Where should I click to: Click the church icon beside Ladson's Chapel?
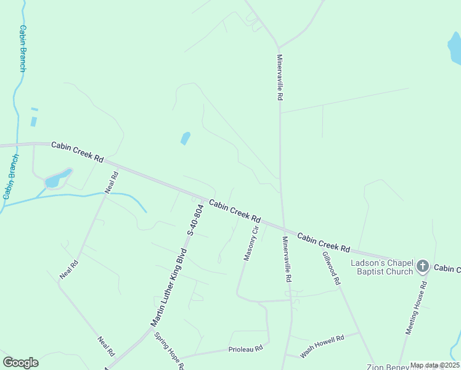[x=422, y=266]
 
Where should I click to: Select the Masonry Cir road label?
[x=250, y=244]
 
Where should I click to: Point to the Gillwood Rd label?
[x=331, y=268]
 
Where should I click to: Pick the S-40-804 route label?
[x=195, y=220]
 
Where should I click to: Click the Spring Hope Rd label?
[x=169, y=351]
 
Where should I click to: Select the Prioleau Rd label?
[x=246, y=348]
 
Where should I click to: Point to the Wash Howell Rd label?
[x=322, y=347]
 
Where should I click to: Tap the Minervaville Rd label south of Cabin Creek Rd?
[x=286, y=259]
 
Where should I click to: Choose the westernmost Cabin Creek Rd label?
[x=77, y=150]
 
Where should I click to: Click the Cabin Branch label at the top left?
[x=23, y=48]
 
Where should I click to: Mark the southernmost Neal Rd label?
[x=106, y=347]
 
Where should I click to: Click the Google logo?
[x=20, y=363]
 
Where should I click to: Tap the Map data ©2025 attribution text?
[x=434, y=365]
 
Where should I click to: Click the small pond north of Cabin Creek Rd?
[x=185, y=138]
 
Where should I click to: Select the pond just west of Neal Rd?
[x=54, y=180]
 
